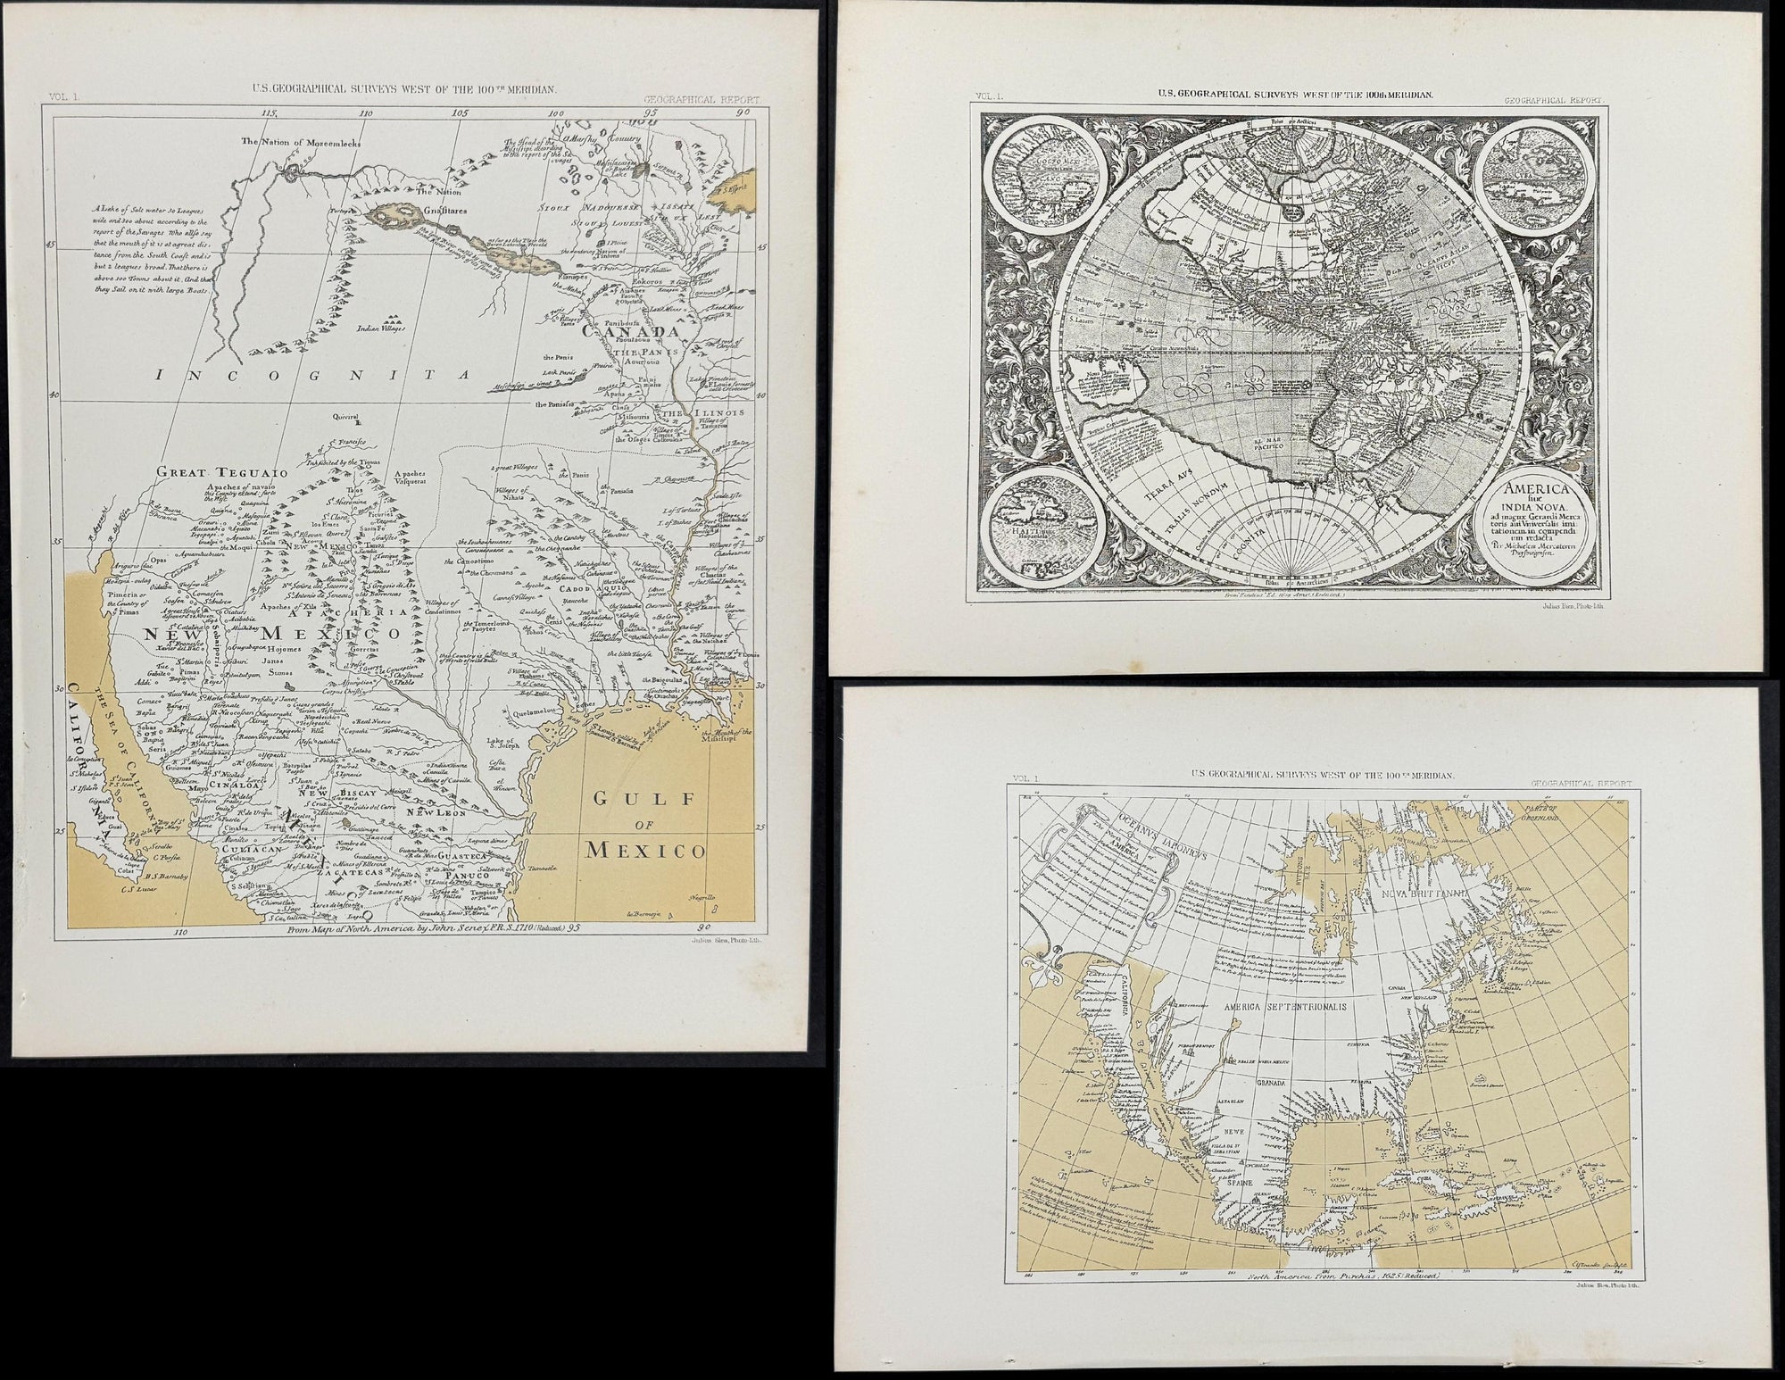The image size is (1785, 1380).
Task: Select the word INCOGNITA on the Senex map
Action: (311, 377)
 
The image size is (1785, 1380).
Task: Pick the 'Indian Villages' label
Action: (381, 328)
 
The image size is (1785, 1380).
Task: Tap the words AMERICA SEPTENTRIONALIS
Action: (1271, 1005)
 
